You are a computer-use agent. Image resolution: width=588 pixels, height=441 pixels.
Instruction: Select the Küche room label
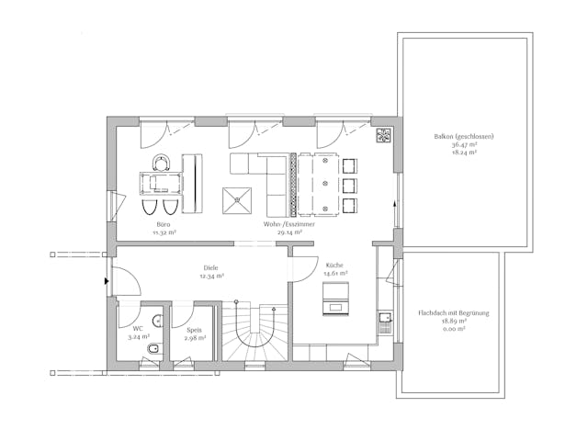point(334,264)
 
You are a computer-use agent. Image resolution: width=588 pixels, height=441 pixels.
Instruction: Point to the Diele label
point(210,268)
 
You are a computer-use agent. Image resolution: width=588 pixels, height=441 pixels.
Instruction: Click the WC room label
point(137,328)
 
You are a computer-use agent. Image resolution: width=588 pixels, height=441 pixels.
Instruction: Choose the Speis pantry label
point(194,329)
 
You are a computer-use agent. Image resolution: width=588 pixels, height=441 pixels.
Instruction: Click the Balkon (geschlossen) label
point(464,136)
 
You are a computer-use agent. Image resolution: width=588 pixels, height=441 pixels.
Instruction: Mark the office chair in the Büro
point(163,163)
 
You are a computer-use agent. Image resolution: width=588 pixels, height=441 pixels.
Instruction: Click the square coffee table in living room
point(238,199)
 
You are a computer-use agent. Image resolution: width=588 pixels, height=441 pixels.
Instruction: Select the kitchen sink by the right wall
point(385,319)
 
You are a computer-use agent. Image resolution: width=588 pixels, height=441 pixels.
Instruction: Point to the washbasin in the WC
point(159,321)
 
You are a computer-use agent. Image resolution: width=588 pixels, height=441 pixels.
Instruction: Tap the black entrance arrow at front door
point(107,282)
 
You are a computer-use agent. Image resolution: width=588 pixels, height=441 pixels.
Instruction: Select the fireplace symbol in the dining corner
point(383,137)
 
